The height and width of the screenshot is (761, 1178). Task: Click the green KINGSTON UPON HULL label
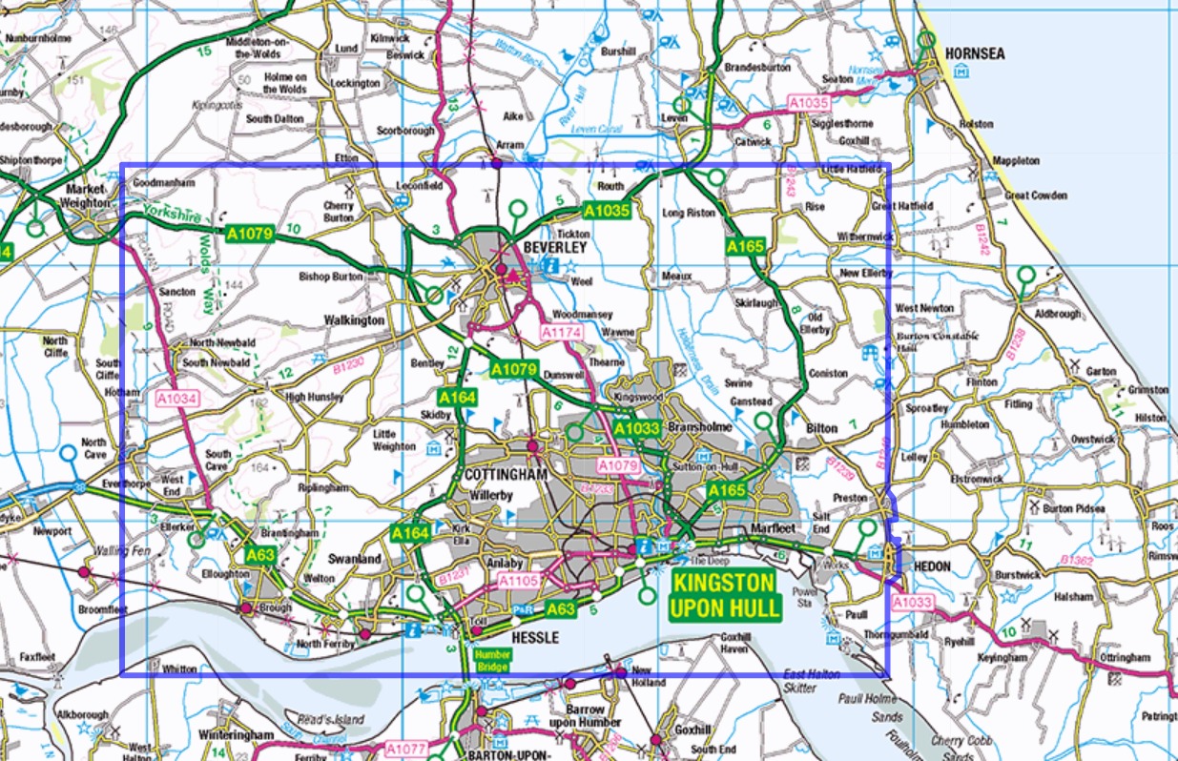tap(724, 594)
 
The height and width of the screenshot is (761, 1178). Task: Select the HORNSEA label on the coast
tap(975, 54)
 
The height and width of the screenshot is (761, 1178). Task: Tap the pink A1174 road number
tap(560, 333)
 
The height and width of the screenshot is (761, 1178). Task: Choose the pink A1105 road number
tap(520, 581)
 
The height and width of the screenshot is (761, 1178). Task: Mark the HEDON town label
tap(932, 566)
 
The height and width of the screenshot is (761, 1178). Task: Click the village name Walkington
tap(354, 320)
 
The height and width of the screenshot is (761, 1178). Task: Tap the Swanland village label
tap(355, 559)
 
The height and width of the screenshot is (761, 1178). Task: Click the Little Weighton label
tap(394, 440)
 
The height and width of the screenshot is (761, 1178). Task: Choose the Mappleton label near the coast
tap(1017, 161)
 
